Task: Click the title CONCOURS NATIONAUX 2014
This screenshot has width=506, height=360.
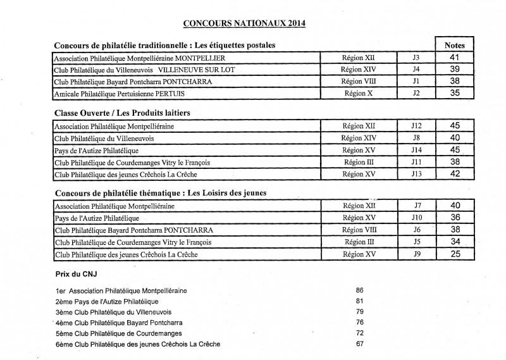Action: coord(244,24)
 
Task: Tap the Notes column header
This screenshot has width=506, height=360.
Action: coord(454,46)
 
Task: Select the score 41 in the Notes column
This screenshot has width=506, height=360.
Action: coord(454,58)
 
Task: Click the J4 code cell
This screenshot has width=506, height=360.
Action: coord(416,70)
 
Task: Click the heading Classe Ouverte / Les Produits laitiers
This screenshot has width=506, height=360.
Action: coord(123,113)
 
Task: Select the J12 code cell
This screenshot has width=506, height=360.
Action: coord(416,126)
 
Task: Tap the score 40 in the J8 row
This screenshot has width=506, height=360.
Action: coord(454,138)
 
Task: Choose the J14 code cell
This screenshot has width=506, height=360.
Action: coord(416,150)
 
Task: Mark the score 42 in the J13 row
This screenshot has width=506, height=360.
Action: coord(454,174)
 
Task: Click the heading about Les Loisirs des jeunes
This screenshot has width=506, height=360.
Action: coord(160,192)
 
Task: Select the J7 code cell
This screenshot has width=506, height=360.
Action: coord(417,206)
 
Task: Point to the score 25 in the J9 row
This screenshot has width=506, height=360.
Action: coord(455,254)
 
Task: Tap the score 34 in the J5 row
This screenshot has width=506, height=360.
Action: coord(455,242)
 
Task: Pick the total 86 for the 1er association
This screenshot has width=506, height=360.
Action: coord(360,290)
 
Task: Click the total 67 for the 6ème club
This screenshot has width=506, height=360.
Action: coord(360,344)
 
